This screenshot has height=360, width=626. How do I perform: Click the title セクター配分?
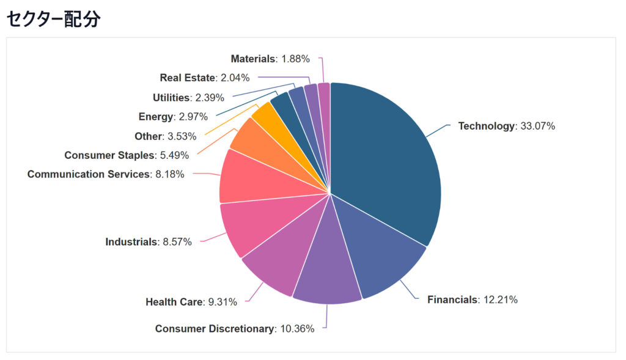[53, 18]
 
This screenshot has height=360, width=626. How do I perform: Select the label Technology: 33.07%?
[506, 127]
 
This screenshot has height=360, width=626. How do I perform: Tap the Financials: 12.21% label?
[473, 299]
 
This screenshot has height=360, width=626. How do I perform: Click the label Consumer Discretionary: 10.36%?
[235, 329]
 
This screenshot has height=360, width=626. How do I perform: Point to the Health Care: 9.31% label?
[191, 302]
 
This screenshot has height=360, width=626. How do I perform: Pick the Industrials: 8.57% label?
[149, 242]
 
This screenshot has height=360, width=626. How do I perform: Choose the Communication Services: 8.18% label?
[106, 174]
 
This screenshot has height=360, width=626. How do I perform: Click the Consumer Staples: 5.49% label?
[127, 155]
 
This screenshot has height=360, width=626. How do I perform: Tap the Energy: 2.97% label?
[173, 117]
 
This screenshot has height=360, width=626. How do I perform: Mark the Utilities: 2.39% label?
[188, 97]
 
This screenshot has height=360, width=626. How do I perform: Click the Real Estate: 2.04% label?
[205, 78]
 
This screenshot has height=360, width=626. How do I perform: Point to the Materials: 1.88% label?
[270, 59]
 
